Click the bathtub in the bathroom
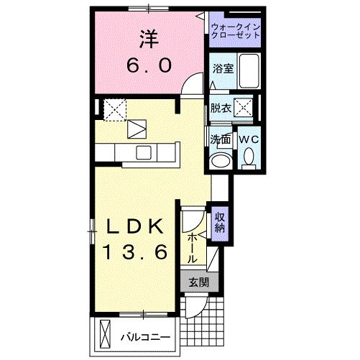tap(249, 72)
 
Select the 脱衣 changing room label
tap(221, 109)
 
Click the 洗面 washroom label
tap(220, 139)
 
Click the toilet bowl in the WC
tap(249, 156)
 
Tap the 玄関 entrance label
tap(198, 282)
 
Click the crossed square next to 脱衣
tap(244, 109)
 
